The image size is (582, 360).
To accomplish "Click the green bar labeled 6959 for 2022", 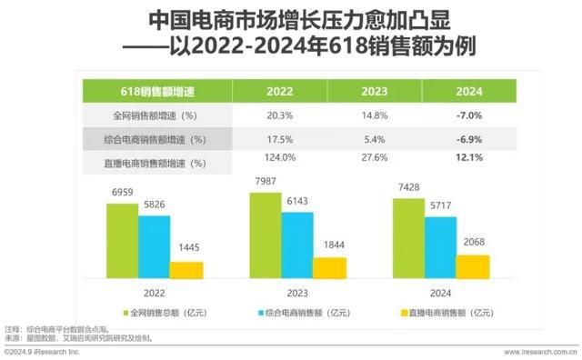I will (x=122, y=240).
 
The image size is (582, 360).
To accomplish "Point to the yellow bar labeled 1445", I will (x=186, y=269).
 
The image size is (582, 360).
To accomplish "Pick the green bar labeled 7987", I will (x=266, y=235).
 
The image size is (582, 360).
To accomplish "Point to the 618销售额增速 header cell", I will (x=157, y=92).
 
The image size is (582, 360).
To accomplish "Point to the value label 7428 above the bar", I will (x=409, y=187).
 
